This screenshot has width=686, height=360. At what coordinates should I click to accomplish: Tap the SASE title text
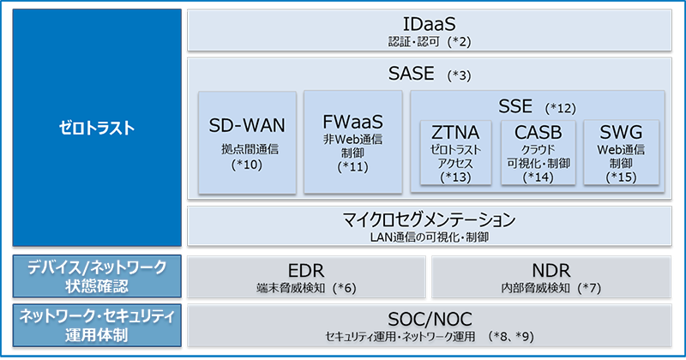pyautogui.click(x=412, y=74)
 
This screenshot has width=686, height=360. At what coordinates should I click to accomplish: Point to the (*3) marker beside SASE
pyautogui.click(x=460, y=75)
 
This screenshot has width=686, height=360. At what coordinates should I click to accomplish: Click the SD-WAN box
pyautogui.click(x=247, y=141)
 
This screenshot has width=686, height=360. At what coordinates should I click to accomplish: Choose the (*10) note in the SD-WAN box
pyautogui.click(x=247, y=165)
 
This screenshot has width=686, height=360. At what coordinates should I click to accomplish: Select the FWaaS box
pyautogui.click(x=353, y=141)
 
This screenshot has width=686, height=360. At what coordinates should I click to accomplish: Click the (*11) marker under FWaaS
pyautogui.click(x=353, y=166)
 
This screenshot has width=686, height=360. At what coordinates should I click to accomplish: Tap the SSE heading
pyautogui.click(x=516, y=106)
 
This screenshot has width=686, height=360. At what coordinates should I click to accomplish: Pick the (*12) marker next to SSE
pyautogui.click(x=563, y=108)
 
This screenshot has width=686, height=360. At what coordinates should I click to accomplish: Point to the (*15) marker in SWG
pyautogui.click(x=620, y=177)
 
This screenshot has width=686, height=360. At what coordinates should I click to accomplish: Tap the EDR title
pyautogui.click(x=306, y=268)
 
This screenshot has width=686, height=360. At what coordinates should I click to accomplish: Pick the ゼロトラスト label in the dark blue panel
pyautogui.click(x=94, y=129)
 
